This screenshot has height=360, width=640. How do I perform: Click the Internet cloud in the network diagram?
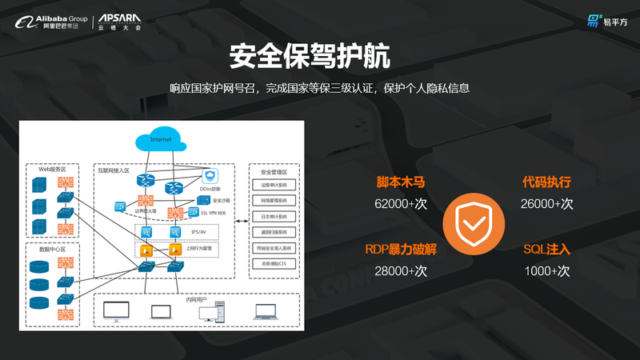pos(160,140)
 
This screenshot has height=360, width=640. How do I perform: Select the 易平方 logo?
pos(607,21)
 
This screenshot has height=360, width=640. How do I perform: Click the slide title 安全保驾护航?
pos(319,57)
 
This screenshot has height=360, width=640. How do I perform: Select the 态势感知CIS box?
pos(273,262)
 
